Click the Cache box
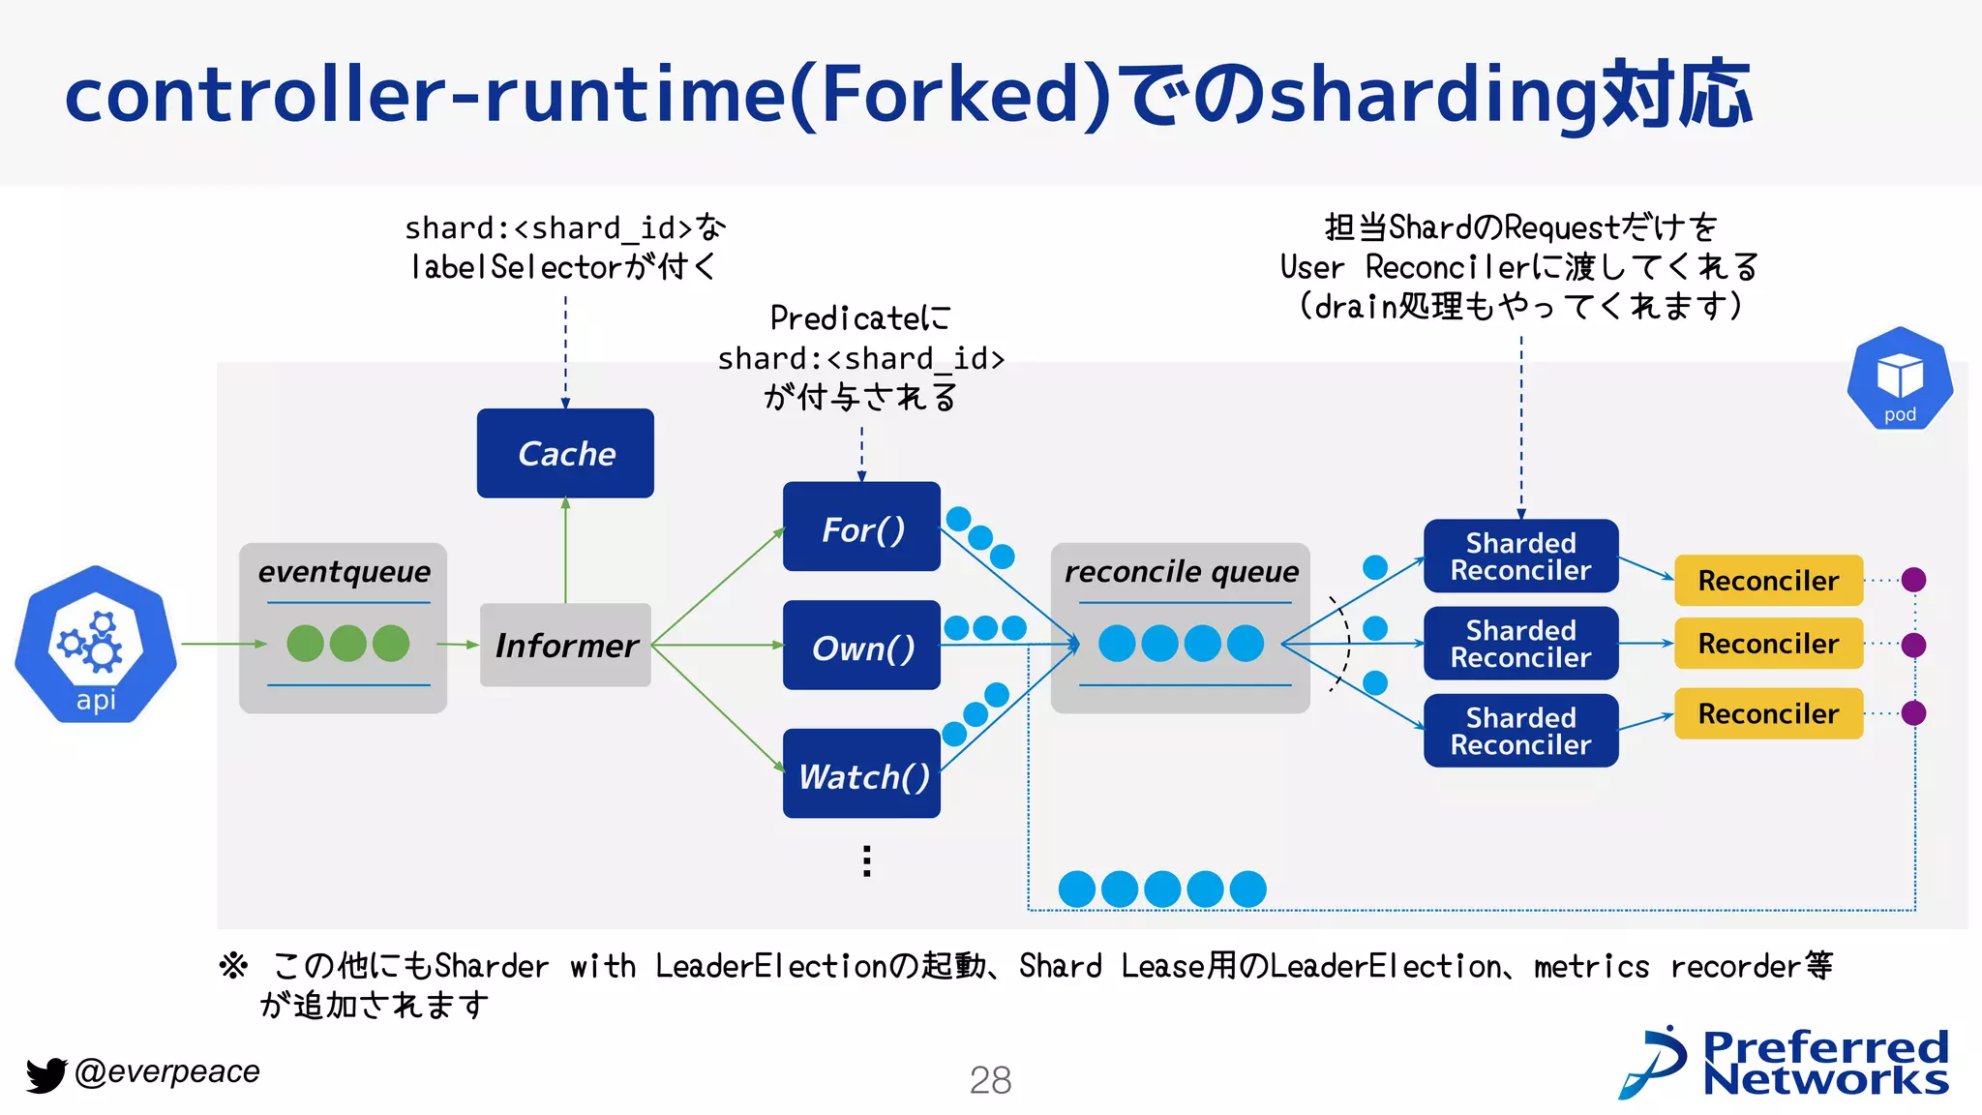(565, 453)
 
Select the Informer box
(565, 645)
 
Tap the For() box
(861, 527)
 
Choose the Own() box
(861, 646)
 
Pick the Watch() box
(861, 774)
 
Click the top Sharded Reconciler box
(1520, 557)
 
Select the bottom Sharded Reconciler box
(1520, 731)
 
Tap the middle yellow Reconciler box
(1768, 644)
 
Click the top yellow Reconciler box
(1768, 581)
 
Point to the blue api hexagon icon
(96, 644)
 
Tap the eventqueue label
(344, 572)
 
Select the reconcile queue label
(1181, 572)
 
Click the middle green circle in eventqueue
(348, 644)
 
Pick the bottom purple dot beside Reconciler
(1913, 713)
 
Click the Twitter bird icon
(45, 1074)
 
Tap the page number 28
(990, 1080)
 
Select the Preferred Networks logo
(1786, 1063)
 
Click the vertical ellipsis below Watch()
(867, 860)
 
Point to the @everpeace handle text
(167, 1071)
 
